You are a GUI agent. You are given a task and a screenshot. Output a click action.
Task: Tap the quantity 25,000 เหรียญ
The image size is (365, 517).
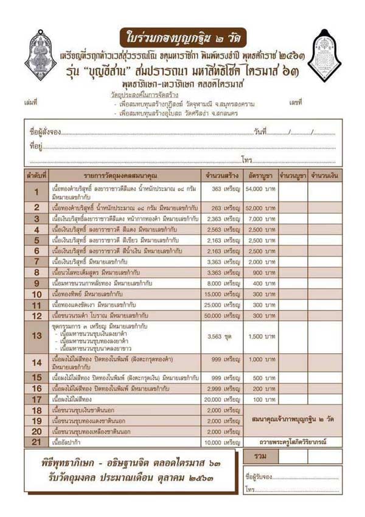(x=223, y=304)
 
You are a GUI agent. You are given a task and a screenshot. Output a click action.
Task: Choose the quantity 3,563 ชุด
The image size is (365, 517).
(x=223, y=336)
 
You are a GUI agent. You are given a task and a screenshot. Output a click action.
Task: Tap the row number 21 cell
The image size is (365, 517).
(x=36, y=442)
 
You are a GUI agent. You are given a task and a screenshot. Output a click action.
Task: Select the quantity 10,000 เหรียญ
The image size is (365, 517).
(x=223, y=442)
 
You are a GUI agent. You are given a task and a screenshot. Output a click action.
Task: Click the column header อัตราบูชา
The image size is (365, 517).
(x=261, y=176)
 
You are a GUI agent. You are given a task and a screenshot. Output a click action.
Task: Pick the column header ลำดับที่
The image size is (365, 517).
(x=36, y=176)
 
